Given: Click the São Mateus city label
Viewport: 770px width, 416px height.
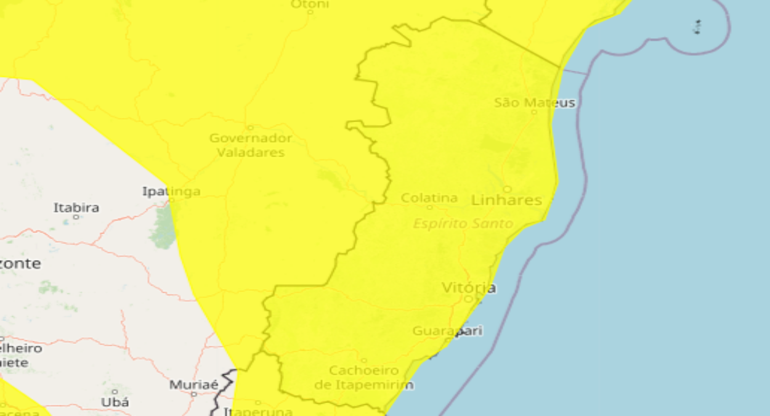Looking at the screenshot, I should point(535,102).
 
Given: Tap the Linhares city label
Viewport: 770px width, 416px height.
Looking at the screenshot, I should point(506,200).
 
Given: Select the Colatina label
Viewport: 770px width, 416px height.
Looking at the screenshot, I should point(429,198).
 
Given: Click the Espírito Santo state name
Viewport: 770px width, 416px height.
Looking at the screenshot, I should point(463,223).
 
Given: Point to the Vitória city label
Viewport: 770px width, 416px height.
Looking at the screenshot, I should point(469,288).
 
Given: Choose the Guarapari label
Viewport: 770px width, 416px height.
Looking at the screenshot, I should point(447,331).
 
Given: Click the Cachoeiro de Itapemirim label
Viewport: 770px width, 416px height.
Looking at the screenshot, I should point(364,378).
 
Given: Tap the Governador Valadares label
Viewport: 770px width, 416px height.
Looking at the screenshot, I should point(250,145).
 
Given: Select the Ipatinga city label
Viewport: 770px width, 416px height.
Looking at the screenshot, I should point(171,191).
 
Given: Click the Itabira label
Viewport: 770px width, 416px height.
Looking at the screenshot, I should point(76,208).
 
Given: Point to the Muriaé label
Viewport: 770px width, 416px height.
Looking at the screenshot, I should point(194,385).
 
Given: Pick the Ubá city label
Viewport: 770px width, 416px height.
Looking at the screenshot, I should point(115,402).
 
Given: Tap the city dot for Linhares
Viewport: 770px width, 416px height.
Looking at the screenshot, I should point(508,189).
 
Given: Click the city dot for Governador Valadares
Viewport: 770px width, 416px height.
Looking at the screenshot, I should point(249,128).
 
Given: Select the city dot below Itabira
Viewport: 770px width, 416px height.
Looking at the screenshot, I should point(76,217).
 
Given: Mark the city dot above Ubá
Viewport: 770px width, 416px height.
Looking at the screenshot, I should point(115,391).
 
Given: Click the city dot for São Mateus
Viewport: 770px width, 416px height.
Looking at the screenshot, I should point(534,112).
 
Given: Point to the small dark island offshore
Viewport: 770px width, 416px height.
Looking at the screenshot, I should point(697,27).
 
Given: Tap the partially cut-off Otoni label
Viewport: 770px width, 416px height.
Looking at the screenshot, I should point(309,4).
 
